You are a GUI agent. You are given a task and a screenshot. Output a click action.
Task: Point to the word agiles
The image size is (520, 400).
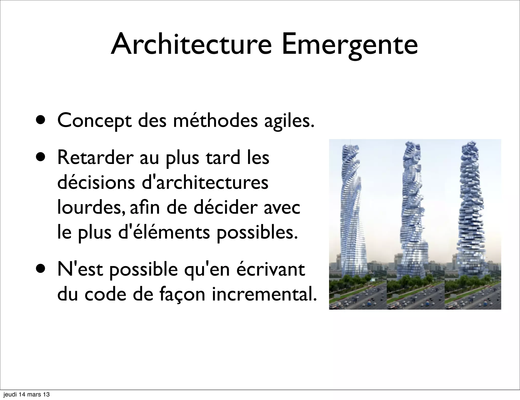pos(289,121)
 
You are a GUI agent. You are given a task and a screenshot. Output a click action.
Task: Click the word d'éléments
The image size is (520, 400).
pos(164,232)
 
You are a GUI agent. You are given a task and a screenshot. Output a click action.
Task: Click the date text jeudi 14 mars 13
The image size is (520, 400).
pos(26,394)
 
